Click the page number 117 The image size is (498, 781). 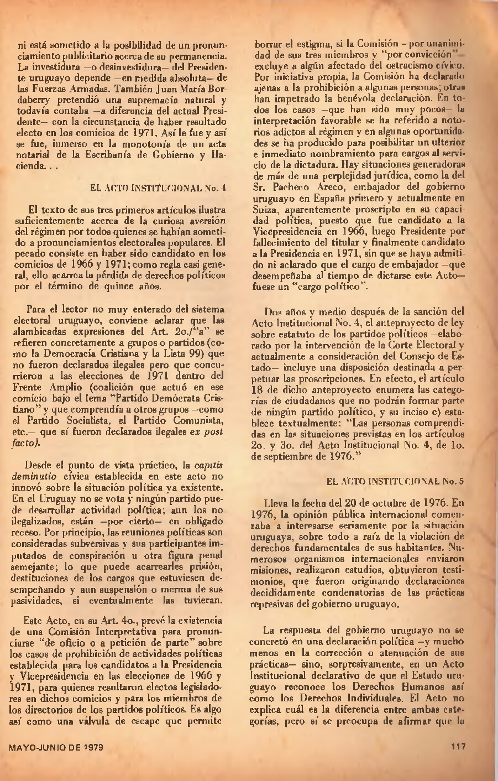(x=459, y=746)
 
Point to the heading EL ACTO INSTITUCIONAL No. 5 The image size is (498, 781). (x=395, y=481)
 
